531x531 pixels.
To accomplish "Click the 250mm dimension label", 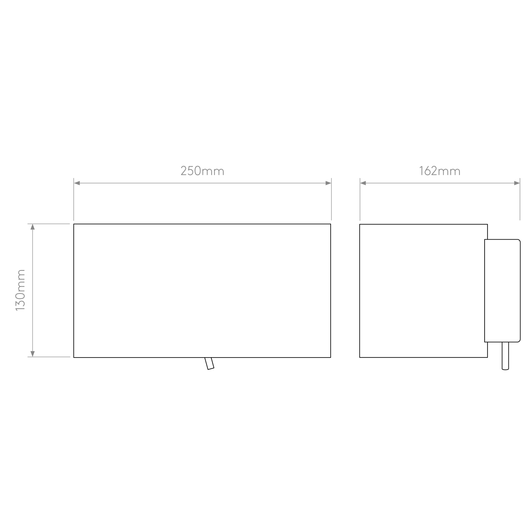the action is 202,171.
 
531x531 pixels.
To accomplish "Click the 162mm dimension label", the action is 440,171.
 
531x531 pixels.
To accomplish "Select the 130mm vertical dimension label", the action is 21,290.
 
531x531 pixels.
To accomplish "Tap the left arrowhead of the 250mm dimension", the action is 77,183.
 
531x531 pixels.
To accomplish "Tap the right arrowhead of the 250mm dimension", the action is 328,183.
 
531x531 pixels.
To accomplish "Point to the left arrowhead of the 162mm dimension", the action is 363,183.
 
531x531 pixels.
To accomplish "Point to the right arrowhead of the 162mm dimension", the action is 517,183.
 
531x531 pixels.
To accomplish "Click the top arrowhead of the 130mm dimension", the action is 33,227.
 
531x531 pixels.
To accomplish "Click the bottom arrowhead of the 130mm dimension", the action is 33,354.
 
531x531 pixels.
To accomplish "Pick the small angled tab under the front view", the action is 210,364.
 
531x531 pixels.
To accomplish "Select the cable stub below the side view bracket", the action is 505,356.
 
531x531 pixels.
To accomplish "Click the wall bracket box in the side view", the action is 502,291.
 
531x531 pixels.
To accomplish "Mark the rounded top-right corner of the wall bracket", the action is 519,241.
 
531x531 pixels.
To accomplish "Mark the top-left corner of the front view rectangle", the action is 74,224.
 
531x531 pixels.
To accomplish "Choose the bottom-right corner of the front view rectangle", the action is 331,357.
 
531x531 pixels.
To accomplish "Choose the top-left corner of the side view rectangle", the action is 360,224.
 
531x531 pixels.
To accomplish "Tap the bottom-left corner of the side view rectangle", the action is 360,357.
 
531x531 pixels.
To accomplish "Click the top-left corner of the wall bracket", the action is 485,239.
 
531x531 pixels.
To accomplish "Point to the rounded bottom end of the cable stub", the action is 505,369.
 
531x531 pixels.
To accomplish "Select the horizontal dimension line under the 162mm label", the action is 440,183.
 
